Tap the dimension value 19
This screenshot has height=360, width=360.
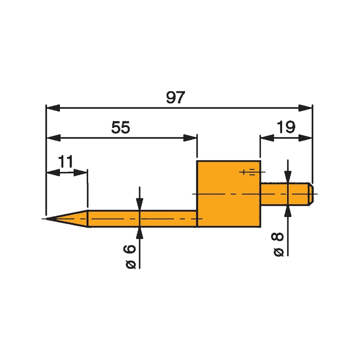pyautogui.click(x=286, y=128)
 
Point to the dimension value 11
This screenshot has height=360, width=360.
pyautogui.click(x=66, y=162)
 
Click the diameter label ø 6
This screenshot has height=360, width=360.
pyautogui.click(x=131, y=257)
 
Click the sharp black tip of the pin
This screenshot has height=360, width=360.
pyautogui.click(x=49, y=219)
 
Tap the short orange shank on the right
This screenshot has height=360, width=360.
pyautogui.click(x=283, y=193)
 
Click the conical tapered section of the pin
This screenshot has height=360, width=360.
pyautogui.click(x=72, y=219)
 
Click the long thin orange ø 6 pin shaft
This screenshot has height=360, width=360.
pyautogui.click(x=144, y=219)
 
